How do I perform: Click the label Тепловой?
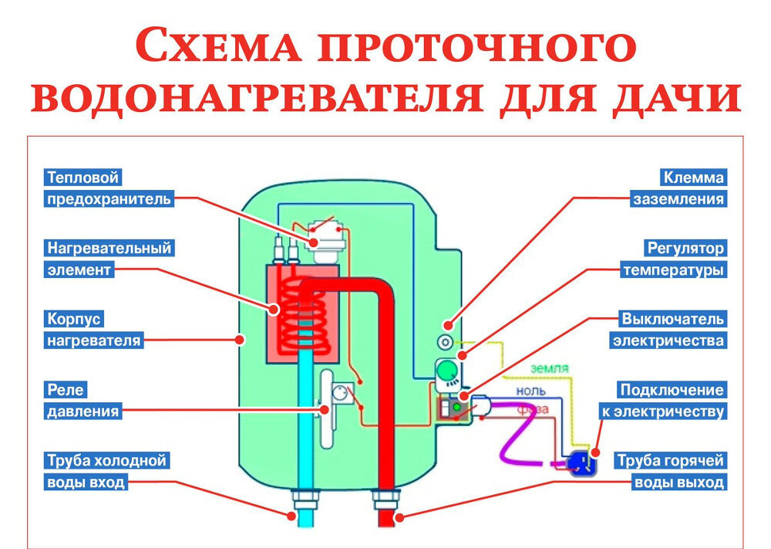[x=83, y=178]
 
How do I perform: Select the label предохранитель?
[x=107, y=199]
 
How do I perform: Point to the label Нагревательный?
[x=108, y=249]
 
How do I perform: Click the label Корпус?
[x=74, y=319]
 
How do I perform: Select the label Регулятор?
[x=685, y=249]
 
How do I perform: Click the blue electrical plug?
[x=577, y=461]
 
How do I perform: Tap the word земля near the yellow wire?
[x=550, y=368]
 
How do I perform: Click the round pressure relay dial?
[x=339, y=393]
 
